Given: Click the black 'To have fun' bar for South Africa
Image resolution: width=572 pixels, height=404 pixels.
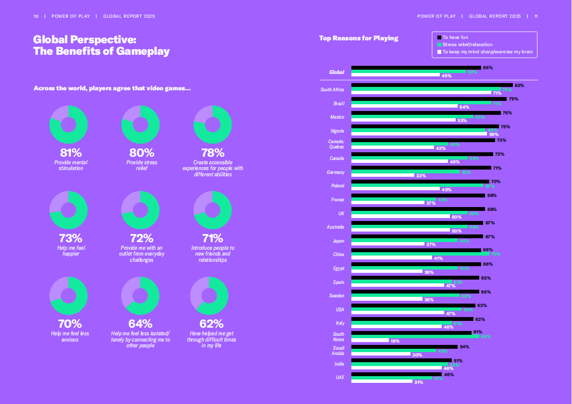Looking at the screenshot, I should tap(432, 85).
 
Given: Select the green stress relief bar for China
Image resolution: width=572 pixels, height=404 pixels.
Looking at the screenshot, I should tap(420, 254).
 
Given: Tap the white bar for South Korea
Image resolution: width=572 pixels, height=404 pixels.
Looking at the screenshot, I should tap(370, 341).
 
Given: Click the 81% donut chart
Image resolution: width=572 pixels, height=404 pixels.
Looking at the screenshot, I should tap(68, 125).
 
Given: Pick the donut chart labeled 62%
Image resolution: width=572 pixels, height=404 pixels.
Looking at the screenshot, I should tap(209, 296).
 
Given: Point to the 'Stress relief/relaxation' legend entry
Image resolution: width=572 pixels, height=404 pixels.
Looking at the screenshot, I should tap(464, 44).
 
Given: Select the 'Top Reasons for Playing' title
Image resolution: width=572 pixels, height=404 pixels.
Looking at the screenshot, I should tap(359, 38).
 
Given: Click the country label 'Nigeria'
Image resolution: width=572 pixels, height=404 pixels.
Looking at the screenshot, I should tap(337, 131).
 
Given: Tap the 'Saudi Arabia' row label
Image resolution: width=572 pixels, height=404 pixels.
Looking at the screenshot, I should tap(338, 351).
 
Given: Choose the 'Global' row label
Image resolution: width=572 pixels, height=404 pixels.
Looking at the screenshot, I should tap(336, 72).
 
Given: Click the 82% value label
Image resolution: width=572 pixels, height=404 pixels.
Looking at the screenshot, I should tap(519, 86).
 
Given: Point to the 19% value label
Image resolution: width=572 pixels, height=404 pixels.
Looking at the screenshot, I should tap(395, 341).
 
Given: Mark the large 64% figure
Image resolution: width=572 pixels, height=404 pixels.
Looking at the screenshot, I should tap(140, 323).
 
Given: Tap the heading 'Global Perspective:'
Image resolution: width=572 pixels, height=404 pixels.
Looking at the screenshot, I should tap(85, 40).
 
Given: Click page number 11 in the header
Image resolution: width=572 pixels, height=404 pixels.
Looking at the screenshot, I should tap(536, 16).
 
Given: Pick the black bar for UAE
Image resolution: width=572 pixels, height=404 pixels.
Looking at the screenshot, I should tap(397, 374).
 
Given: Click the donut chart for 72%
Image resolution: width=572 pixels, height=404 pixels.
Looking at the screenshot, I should tap(140, 210).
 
